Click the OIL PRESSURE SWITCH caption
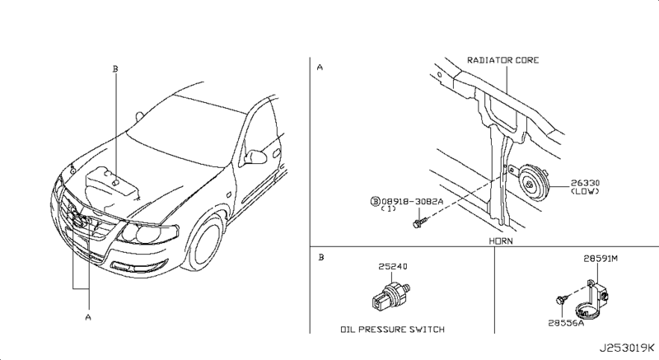392,329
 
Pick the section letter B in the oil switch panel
320,258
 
